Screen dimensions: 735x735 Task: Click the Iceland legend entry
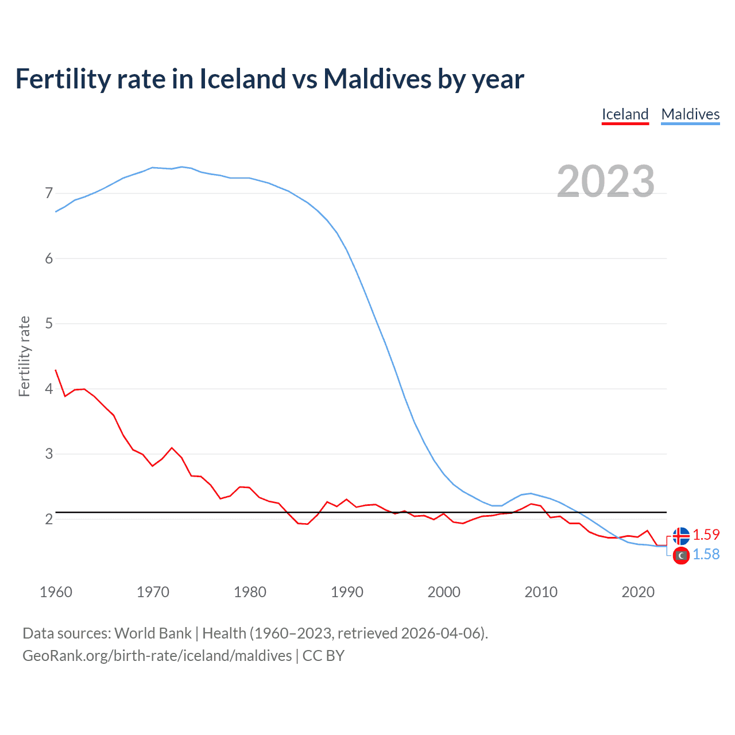[625, 114]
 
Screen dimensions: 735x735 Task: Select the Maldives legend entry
[690, 114]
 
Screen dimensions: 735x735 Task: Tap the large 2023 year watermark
[606, 181]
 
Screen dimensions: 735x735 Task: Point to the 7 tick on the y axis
[49, 194]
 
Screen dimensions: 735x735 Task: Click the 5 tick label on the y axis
[49, 324]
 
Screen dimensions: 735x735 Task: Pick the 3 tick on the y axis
[49, 454]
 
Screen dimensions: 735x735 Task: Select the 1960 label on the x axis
[56, 592]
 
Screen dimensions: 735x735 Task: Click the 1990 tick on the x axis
[347, 592]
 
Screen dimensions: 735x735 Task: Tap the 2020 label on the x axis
[638, 592]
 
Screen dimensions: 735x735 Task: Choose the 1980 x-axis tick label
[250, 592]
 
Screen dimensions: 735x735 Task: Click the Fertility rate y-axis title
[24, 356]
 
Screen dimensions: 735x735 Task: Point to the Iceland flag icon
[681, 536]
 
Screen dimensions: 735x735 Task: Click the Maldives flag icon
[681, 556]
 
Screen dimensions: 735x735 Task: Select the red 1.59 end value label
[706, 535]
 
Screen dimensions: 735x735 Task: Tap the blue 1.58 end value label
[706, 554]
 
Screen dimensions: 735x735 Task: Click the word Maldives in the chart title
[377, 79]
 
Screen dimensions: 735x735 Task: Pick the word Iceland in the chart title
[242, 79]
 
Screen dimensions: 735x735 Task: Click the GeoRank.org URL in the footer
[157, 656]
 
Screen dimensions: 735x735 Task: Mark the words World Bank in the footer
[153, 633]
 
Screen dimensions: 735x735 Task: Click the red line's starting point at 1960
[56, 370]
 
